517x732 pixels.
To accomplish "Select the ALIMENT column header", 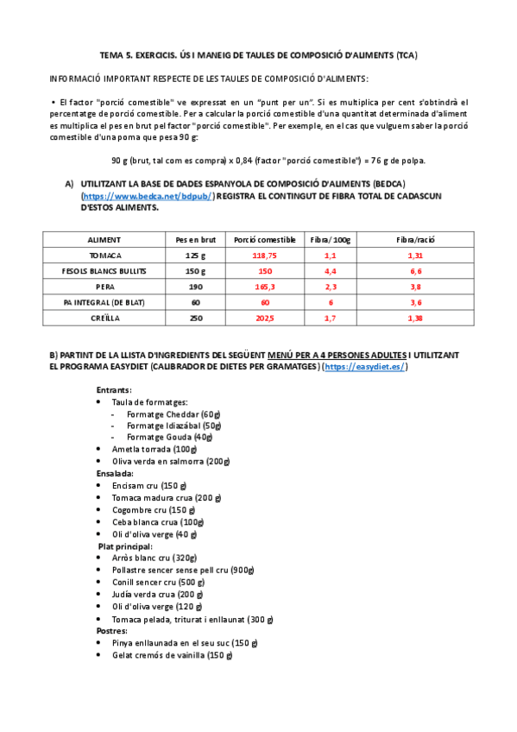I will [x=104, y=239].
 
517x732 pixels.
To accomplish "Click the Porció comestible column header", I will [x=264, y=239].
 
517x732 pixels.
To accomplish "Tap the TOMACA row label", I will [x=104, y=256].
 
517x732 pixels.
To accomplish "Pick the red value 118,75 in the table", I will [x=264, y=256].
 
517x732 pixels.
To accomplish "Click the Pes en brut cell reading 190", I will [x=196, y=286].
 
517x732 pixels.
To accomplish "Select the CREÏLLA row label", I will [x=104, y=318].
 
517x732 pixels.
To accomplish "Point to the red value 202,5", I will [x=264, y=318].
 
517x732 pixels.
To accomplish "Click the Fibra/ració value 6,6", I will [x=415, y=271].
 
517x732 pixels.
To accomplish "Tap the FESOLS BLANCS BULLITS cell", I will [x=104, y=271].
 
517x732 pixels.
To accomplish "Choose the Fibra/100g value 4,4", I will [x=330, y=271].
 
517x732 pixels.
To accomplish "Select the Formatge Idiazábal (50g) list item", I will [x=173, y=426].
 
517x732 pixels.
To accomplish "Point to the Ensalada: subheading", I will [x=115, y=473].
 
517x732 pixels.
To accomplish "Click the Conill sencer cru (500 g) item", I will [x=158, y=582].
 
